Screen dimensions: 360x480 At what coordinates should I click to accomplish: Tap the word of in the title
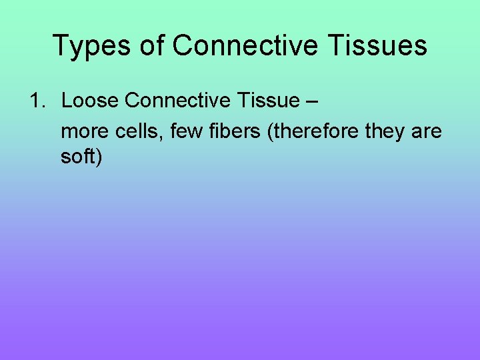tap(151, 46)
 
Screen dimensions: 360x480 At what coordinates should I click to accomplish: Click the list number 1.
tap(37, 101)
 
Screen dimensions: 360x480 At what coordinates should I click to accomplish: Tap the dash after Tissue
tap(313, 101)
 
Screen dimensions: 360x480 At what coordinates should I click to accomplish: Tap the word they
tap(387, 132)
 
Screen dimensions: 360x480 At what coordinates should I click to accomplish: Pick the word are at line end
tap(427, 132)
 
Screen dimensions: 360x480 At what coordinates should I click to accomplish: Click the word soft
tap(77, 159)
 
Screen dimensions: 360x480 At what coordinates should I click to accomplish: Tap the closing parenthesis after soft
tap(99, 159)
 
